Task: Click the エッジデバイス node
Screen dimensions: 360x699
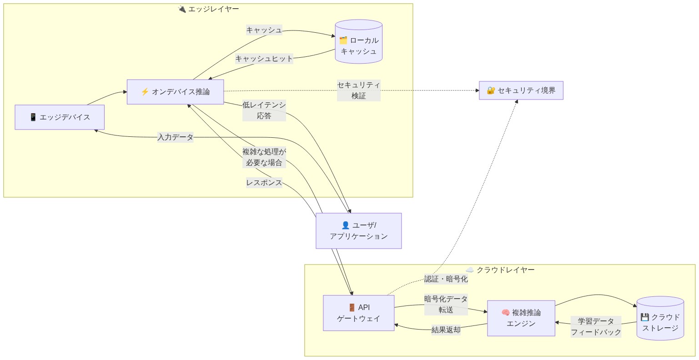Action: click(60, 117)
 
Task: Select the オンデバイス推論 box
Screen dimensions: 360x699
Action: click(175, 92)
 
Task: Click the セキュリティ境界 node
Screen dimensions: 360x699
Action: click(521, 90)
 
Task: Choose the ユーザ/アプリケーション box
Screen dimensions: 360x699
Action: click(358, 231)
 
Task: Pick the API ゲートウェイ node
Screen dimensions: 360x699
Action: click(358, 313)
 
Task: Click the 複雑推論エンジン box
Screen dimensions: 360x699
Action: click(521, 318)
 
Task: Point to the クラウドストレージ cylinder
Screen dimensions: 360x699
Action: click(660, 323)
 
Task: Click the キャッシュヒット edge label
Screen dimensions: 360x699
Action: click(264, 59)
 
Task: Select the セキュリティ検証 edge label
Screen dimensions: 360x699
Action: click(358, 90)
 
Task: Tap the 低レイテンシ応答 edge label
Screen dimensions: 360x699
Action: click(264, 110)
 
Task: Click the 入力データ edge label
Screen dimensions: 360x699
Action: click(175, 137)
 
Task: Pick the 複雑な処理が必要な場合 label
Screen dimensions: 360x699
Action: click(264, 157)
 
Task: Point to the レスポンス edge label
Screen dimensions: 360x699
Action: click(264, 183)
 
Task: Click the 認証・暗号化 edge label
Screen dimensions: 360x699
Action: click(446, 279)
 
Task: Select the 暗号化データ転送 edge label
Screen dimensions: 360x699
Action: click(446, 305)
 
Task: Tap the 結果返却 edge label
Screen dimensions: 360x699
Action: click(446, 330)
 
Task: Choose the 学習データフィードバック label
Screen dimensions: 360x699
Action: click(596, 327)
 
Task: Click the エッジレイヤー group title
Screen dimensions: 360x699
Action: click(208, 9)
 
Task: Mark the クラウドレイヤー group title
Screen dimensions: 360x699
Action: click(500, 270)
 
